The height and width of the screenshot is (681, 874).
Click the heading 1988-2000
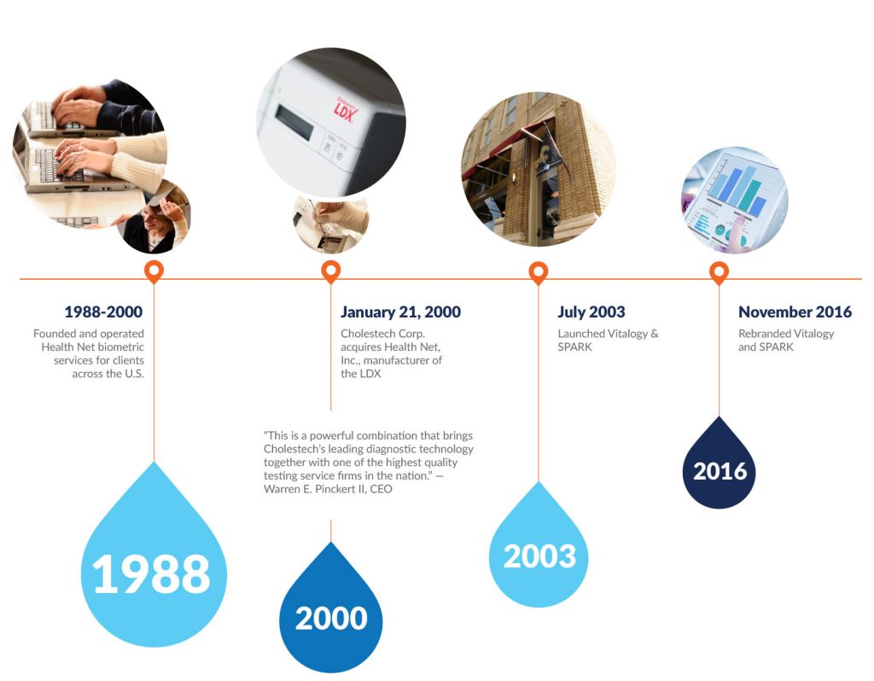pos(103,312)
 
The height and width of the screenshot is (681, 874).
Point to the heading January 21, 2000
pos(400,312)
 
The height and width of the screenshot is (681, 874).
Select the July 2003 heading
pos(591,312)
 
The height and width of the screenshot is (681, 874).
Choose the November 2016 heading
pos(795,312)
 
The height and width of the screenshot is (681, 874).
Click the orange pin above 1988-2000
pos(154,272)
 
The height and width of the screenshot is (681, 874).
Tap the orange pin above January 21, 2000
pos(331,272)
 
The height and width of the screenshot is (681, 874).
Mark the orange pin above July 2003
pos(539,272)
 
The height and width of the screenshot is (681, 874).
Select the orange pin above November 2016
pos(720,272)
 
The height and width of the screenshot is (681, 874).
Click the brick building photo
pos(538,168)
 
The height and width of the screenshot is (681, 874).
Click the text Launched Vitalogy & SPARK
pos(608,340)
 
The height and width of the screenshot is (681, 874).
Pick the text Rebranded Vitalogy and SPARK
pos(786,340)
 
